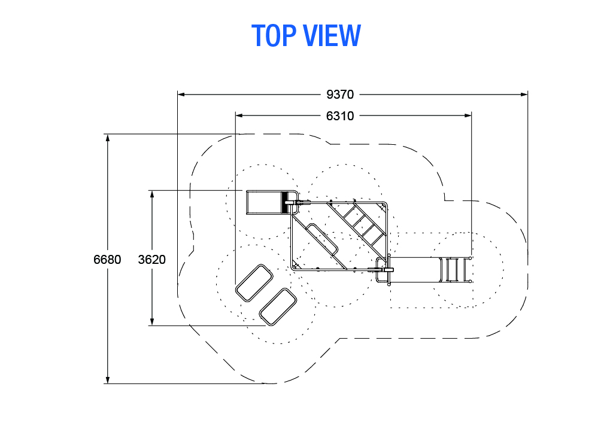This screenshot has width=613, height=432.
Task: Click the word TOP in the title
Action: (x=274, y=35)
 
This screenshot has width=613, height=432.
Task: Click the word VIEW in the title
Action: (x=332, y=35)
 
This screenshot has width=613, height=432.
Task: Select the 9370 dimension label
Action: (x=340, y=95)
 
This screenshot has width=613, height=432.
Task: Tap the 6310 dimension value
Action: (x=340, y=116)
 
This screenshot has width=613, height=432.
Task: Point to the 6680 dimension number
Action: (x=107, y=259)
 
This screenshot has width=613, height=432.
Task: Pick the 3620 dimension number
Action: (x=151, y=259)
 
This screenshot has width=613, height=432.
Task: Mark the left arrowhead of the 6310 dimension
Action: (x=239, y=115)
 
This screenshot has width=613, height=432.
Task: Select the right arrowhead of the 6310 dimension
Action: (x=468, y=115)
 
